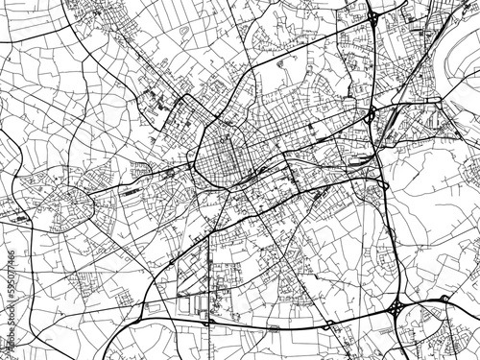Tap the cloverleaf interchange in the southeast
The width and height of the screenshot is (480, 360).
396,308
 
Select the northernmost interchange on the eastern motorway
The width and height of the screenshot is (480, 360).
372,17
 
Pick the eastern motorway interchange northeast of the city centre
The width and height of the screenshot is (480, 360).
371,115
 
